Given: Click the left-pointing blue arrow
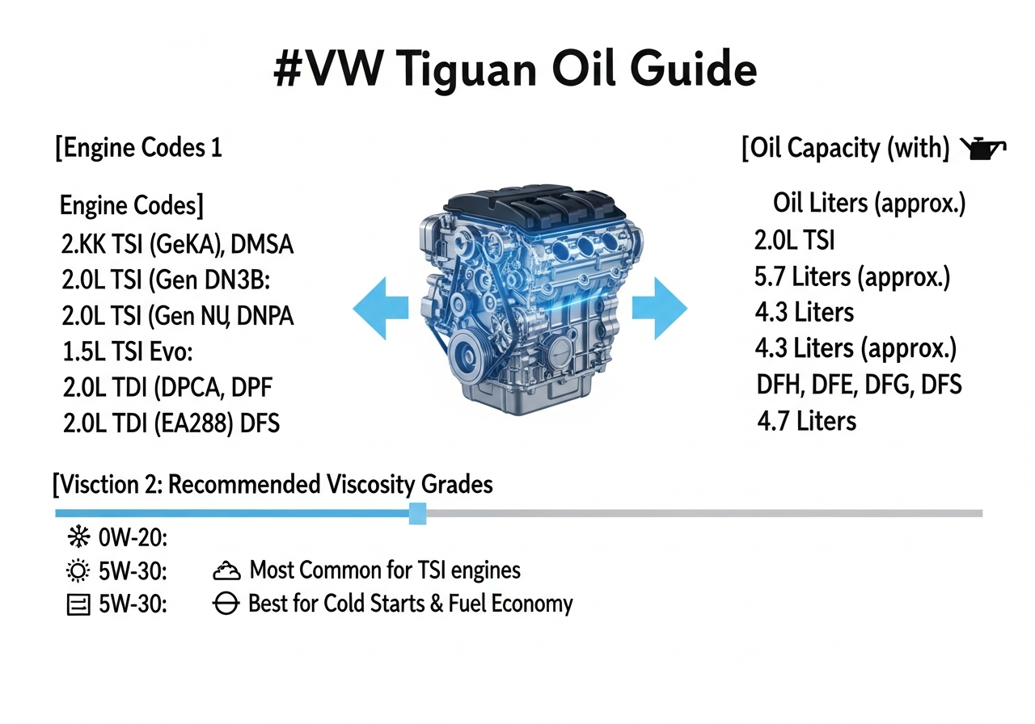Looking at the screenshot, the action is [x=380, y=309].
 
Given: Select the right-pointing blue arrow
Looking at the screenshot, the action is [x=660, y=309].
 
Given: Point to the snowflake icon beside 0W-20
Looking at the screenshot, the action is [x=78, y=537].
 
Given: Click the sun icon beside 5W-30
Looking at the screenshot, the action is [x=78, y=570].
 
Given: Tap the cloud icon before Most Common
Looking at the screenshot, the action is [x=226, y=570].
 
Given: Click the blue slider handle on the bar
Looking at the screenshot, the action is [x=418, y=513].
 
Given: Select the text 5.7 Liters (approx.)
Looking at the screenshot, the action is [x=852, y=277].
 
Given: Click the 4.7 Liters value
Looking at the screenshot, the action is [x=807, y=421].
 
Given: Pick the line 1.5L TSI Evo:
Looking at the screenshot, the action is [x=128, y=351].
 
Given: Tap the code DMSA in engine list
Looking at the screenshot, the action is [x=261, y=244].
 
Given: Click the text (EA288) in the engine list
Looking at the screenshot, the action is [x=193, y=423].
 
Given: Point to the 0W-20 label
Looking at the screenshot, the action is [x=133, y=537].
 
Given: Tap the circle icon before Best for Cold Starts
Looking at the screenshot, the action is [x=226, y=604].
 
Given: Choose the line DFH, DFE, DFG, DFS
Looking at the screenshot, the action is [x=859, y=385].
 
